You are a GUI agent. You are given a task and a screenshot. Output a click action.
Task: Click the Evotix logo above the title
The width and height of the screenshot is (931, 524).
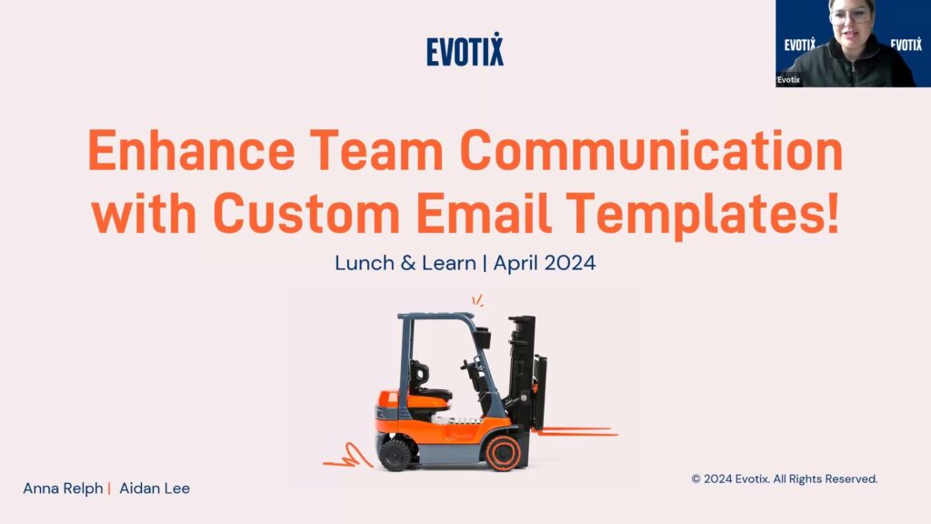465,49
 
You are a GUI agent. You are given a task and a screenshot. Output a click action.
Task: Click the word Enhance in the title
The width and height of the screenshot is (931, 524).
191,150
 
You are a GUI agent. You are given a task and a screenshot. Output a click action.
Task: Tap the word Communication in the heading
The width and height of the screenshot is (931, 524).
651,150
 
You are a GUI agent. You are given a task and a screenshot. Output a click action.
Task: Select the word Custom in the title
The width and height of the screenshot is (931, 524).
306,213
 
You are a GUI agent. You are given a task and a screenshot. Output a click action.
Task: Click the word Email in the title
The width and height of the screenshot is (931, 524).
484,213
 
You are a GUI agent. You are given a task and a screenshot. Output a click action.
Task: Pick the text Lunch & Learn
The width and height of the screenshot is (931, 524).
405,263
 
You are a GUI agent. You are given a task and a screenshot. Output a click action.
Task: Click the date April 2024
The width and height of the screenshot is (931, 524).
545,263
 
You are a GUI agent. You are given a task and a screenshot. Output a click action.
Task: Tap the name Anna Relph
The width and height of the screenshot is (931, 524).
63,489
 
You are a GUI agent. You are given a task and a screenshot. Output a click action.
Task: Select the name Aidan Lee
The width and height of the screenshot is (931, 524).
155,489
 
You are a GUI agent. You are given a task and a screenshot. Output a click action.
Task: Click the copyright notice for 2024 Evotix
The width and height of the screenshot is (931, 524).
785,479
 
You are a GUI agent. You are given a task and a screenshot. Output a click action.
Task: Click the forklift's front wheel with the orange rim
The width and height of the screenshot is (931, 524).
504,453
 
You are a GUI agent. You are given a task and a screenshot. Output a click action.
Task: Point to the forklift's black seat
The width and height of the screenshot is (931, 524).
426,381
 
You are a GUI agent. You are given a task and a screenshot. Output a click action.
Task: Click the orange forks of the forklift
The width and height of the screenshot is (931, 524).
576,431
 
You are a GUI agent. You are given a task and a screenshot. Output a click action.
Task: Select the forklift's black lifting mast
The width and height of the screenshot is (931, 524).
525,372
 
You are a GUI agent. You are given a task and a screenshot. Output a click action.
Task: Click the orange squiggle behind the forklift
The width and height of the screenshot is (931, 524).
348,456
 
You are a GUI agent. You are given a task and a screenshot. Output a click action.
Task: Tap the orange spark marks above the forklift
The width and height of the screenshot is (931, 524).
478,300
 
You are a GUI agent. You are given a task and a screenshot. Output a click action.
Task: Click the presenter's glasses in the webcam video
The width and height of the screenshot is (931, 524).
852,15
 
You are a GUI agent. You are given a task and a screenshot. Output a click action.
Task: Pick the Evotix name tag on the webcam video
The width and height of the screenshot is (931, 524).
788,80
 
